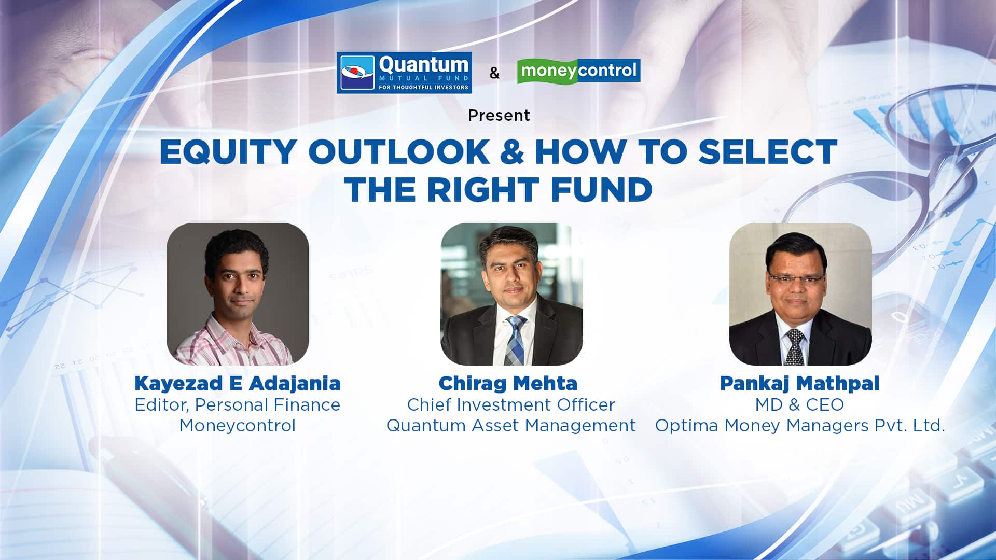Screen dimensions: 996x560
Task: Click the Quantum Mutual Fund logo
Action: click(404, 73)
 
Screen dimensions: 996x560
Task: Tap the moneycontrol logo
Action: click(579, 71)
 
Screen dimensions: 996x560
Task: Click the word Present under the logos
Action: click(499, 115)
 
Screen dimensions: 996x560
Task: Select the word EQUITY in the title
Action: click(228, 152)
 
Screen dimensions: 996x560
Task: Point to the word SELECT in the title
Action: click(768, 152)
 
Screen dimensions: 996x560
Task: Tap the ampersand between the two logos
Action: click(494, 73)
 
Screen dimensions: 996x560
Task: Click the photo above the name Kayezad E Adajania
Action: click(238, 294)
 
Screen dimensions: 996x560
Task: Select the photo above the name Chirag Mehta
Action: click(511, 294)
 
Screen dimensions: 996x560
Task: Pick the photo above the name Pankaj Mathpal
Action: click(800, 294)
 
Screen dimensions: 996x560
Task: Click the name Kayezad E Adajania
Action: click(238, 384)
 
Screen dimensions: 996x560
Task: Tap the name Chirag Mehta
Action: click(508, 384)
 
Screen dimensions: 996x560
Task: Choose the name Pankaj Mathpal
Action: click(800, 384)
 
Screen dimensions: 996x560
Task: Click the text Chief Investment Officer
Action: click(511, 404)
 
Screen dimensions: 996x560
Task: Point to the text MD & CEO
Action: click(799, 404)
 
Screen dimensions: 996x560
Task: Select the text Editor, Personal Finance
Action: click(238, 405)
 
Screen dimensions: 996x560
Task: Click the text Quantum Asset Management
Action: click(511, 426)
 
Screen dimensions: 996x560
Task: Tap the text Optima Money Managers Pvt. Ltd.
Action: click(800, 426)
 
